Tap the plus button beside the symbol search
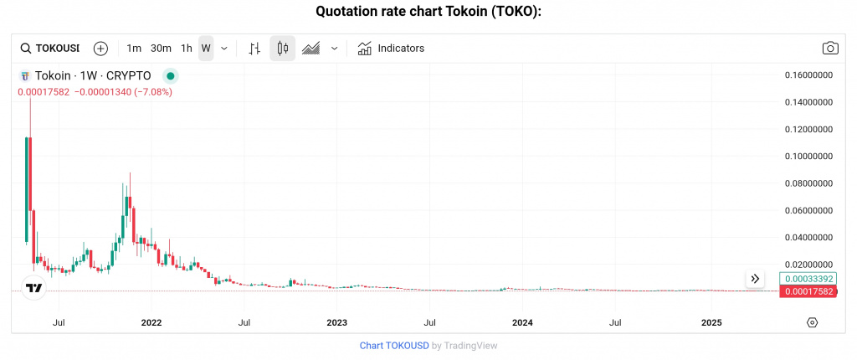(100, 49)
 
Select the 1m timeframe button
(134, 49)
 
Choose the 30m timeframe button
(161, 49)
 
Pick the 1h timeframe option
(187, 49)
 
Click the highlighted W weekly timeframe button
(206, 49)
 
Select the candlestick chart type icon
(282, 49)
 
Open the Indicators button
(391, 49)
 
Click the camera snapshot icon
(829, 49)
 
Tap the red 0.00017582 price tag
(808, 291)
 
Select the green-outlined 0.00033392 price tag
(808, 279)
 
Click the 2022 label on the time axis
(151, 322)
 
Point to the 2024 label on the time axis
(521, 322)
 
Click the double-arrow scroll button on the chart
(755, 279)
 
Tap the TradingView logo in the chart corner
(34, 289)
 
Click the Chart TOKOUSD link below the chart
(394, 345)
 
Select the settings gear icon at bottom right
(812, 322)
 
